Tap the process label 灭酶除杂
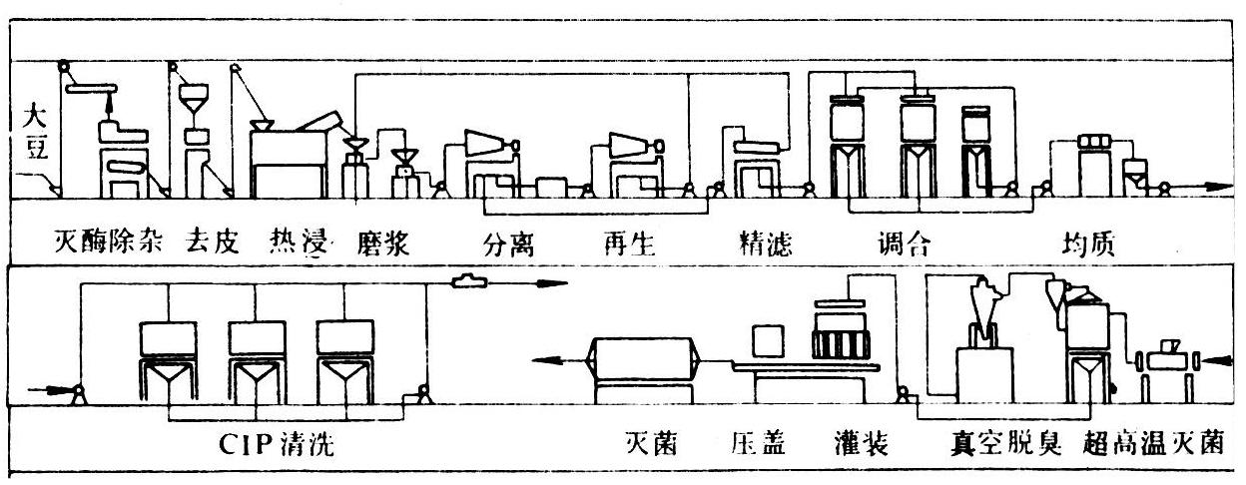click(107, 243)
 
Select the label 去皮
click(212, 243)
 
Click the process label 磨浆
click(383, 243)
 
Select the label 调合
click(902, 243)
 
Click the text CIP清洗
click(278, 445)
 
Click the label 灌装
click(868, 445)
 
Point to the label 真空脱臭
click(1003, 445)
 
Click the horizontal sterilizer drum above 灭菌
click(639, 360)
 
